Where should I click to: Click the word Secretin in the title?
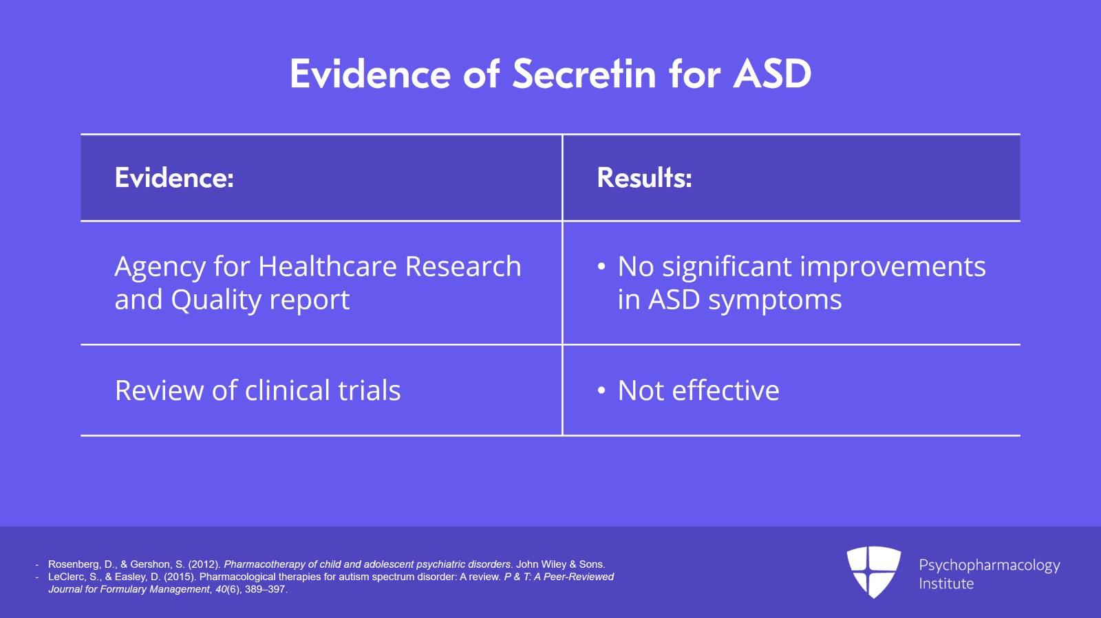(584, 74)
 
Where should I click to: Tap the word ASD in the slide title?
(772, 74)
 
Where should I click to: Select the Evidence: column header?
(174, 177)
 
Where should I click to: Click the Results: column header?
(644, 177)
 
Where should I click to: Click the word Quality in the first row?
(216, 300)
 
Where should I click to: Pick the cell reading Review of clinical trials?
(257, 390)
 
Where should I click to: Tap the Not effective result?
(698, 390)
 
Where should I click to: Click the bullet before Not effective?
(601, 391)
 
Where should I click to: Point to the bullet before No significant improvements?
(601, 267)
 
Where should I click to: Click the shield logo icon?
(873, 572)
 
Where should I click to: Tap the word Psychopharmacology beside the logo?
(990, 566)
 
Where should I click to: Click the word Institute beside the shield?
(946, 584)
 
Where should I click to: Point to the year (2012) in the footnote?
(204, 564)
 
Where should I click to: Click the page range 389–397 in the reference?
(265, 589)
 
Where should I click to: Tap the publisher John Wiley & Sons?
(560, 564)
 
